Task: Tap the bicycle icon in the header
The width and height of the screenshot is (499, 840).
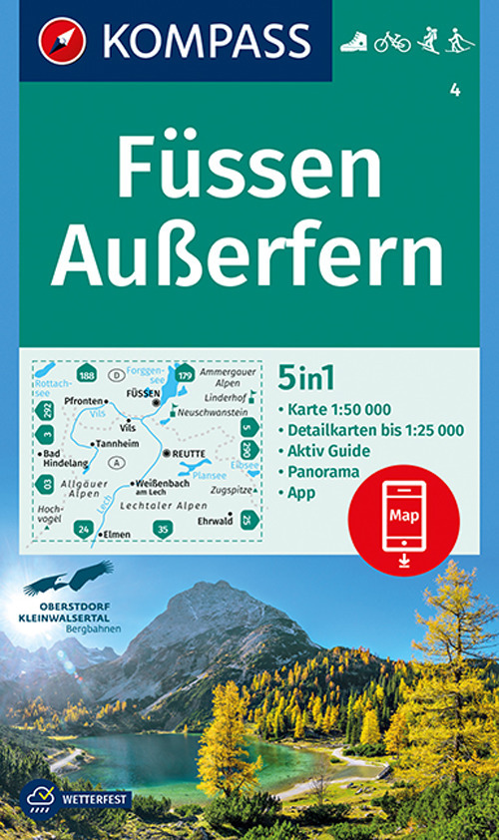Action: point(392,42)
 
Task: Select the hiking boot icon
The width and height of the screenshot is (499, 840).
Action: point(354,42)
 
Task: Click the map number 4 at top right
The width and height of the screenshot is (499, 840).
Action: point(455,93)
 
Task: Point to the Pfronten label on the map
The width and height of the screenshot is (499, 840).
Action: point(86,401)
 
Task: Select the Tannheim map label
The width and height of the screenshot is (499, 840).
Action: point(117,444)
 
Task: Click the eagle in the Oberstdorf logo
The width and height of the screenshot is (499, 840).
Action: point(70,576)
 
